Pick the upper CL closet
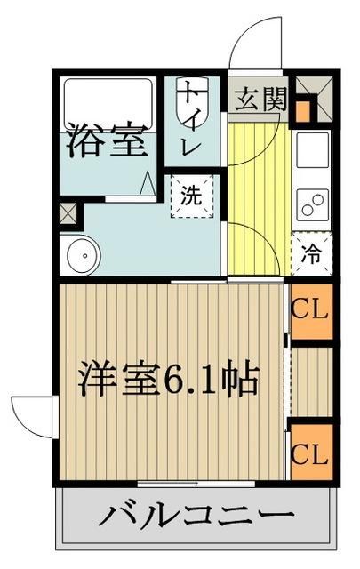click(x=311, y=312)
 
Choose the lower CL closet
click(x=311, y=453)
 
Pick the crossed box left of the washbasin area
click(x=69, y=213)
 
